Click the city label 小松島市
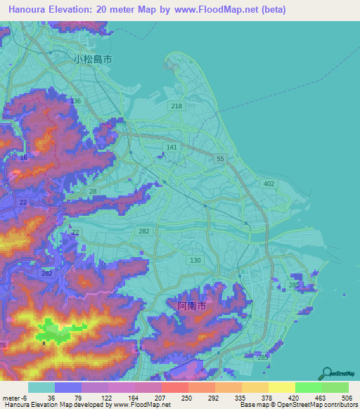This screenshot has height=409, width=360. coord(92,60)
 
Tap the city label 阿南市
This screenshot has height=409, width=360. coord(191,307)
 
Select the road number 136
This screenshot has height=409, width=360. coord(76,101)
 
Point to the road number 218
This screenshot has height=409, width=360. coord(176,106)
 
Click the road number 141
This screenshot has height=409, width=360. coord(172,147)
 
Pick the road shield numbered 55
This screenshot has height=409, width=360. coord(220,160)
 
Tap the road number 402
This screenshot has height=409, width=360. coord(268,183)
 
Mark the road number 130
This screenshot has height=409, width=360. coord(195,260)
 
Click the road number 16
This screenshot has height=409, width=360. coord(24,157)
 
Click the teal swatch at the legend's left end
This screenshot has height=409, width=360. coord(41,387)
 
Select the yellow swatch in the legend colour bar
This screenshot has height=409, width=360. coord(281,387)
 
